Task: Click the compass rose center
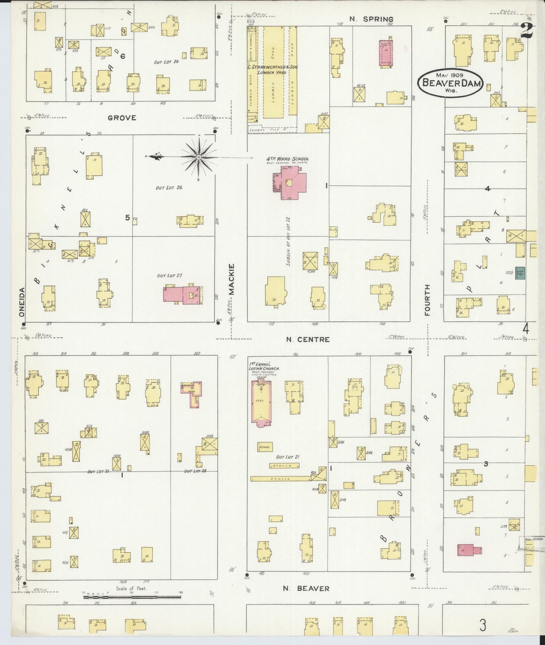[x=198, y=157]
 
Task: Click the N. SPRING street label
[x=371, y=19]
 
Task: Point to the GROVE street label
[x=122, y=118]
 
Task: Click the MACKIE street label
[x=232, y=279]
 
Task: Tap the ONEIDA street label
[x=21, y=302]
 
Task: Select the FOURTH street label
[x=427, y=300]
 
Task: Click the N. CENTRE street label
[x=307, y=339]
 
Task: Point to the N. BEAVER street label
[x=306, y=588]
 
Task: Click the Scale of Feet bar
[x=132, y=597]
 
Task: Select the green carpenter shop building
[x=520, y=273]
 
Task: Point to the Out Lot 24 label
[x=166, y=62]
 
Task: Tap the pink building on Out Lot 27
[x=183, y=294]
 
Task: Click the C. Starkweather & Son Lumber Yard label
[x=273, y=69]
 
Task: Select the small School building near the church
[x=265, y=447]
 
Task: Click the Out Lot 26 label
[x=169, y=187]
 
